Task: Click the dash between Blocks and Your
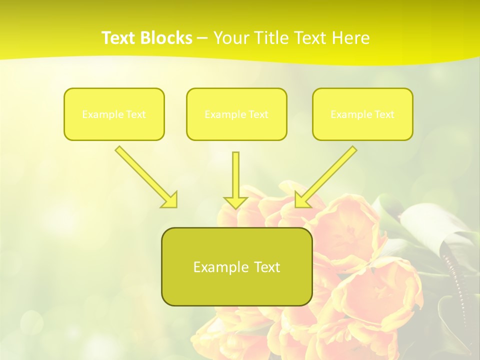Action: point(202,38)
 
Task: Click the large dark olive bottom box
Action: point(236,290)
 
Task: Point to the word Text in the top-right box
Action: point(384,114)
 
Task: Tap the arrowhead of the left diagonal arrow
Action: point(170,200)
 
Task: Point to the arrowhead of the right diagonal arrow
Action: point(302,199)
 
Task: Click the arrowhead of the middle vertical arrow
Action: point(235,202)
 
